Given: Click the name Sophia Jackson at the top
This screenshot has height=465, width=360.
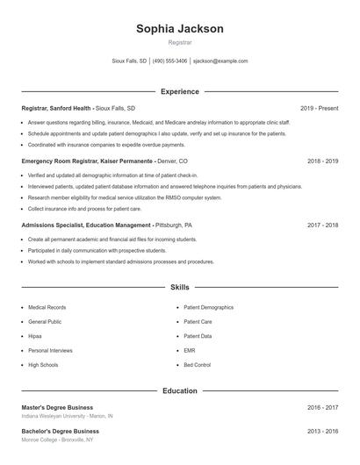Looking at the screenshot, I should point(179,29).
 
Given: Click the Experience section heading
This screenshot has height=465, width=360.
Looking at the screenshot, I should point(179,91).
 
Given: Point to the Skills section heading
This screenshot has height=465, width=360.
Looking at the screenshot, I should point(179,287).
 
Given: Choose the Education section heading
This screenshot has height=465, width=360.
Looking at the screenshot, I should point(179,390).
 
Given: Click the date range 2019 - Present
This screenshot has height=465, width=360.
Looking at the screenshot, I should point(319,109).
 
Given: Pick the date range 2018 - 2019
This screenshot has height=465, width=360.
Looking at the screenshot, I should point(322,161).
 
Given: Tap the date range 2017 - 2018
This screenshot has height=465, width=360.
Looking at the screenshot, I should point(322,225).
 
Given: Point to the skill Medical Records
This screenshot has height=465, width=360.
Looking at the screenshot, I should point(47,308).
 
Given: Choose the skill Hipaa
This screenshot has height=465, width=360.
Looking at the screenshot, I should point(35,336).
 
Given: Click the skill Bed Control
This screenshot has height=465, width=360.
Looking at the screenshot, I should point(197,364).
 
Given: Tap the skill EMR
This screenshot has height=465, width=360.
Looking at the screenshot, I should point(189,350).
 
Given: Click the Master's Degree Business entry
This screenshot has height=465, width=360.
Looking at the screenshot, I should point(57,407).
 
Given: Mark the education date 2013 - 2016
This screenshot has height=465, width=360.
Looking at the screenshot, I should point(322,432).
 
